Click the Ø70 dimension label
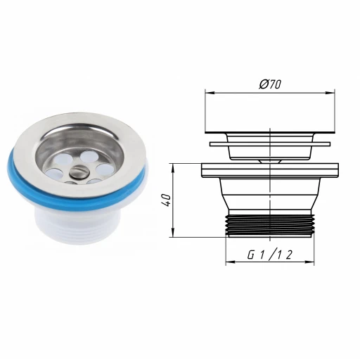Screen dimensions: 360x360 pyautogui.click(x=270, y=84)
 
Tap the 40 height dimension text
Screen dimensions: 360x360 pyautogui.click(x=167, y=200)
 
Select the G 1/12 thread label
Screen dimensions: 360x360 pyautogui.click(x=270, y=255)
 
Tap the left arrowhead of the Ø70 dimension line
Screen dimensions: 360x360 pyautogui.click(x=210, y=93)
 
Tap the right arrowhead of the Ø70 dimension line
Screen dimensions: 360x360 pyautogui.click(x=330, y=93)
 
